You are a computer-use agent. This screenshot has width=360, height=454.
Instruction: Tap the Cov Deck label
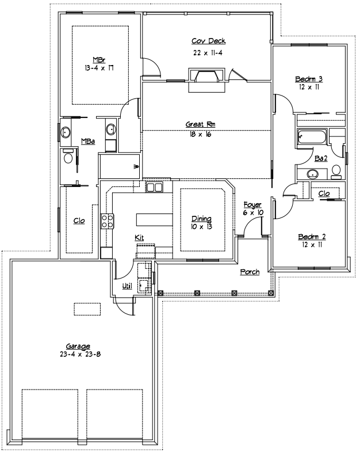[208, 41]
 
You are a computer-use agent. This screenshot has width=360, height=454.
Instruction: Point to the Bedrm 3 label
[308, 79]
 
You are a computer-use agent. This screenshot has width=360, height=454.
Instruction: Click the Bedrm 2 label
[312, 236]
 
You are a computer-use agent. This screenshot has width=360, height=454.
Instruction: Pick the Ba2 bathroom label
[321, 158]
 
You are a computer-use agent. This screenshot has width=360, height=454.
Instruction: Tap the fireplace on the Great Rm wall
[205, 78]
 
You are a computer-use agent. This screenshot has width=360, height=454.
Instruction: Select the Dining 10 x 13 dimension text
[201, 227]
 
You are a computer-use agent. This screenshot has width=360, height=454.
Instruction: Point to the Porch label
[250, 272]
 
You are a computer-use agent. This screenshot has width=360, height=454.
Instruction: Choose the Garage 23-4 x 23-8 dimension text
[78, 354]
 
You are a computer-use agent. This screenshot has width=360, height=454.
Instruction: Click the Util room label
[127, 285]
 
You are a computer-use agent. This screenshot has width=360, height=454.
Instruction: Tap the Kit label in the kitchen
[139, 237]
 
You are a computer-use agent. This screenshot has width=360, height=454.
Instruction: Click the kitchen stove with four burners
[107, 222]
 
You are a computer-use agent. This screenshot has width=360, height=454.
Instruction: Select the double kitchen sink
[154, 187]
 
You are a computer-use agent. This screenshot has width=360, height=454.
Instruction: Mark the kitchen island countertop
[155, 220]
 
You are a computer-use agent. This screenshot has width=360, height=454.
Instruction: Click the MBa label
[87, 141]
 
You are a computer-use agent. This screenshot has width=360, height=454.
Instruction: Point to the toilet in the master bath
[68, 157]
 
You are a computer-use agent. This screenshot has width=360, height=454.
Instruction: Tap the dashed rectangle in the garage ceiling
[87, 309]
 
